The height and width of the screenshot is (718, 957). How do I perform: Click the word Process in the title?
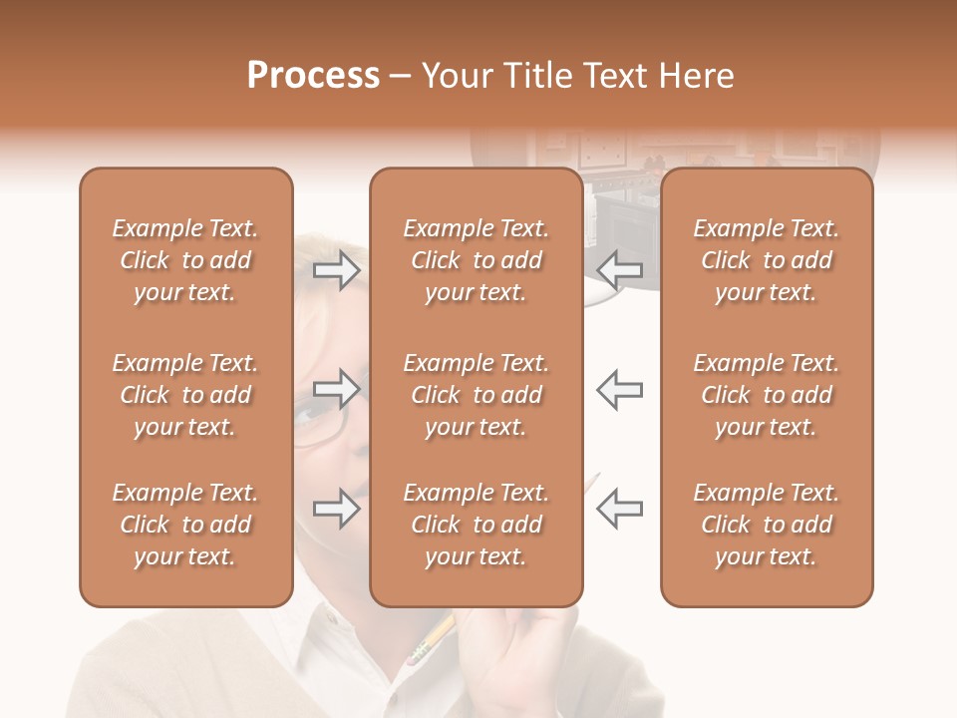(313, 76)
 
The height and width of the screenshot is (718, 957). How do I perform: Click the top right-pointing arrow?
(337, 269)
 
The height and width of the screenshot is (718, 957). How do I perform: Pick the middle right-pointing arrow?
(337, 389)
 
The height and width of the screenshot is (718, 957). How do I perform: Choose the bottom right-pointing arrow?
(337, 508)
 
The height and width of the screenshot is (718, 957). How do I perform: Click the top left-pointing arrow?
(620, 269)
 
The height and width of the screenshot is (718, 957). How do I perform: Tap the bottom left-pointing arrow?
(620, 508)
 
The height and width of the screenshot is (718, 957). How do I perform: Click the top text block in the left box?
(185, 260)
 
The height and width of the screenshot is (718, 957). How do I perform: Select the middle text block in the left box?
(185, 395)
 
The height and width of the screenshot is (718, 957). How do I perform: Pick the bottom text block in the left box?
(185, 525)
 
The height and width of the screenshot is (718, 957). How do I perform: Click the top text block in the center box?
(477, 260)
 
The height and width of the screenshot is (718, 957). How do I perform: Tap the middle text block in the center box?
(477, 395)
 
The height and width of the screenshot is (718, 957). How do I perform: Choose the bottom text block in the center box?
(477, 525)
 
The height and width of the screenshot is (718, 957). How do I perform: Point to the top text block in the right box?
(767, 260)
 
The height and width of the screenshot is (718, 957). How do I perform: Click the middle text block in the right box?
(767, 395)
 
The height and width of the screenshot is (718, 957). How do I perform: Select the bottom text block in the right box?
(767, 525)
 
